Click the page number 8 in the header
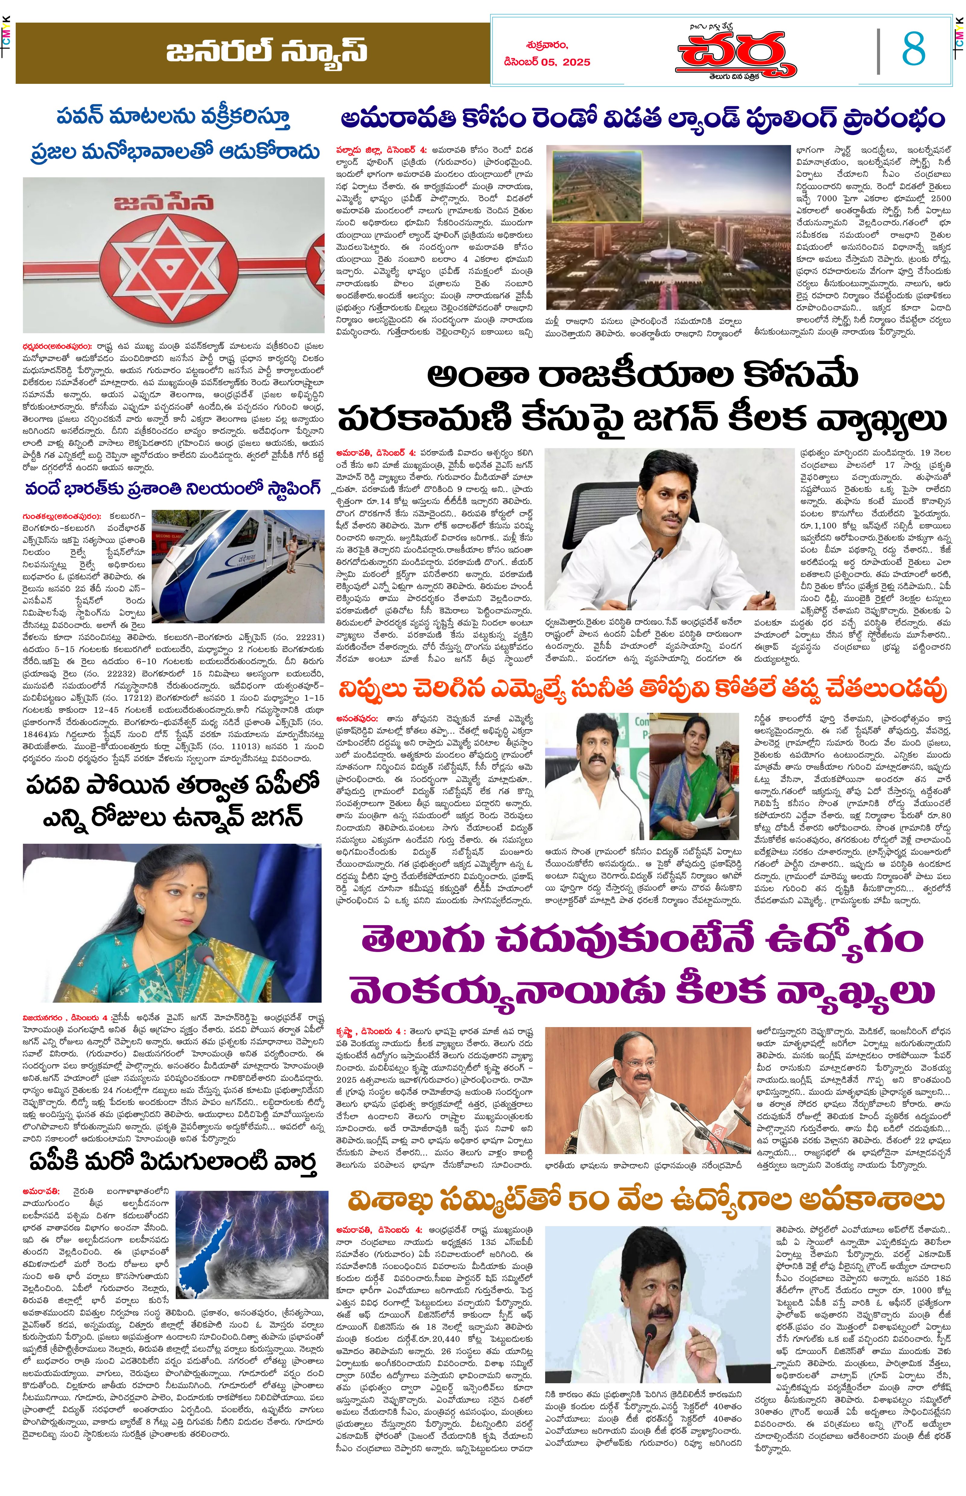coord(913,49)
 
